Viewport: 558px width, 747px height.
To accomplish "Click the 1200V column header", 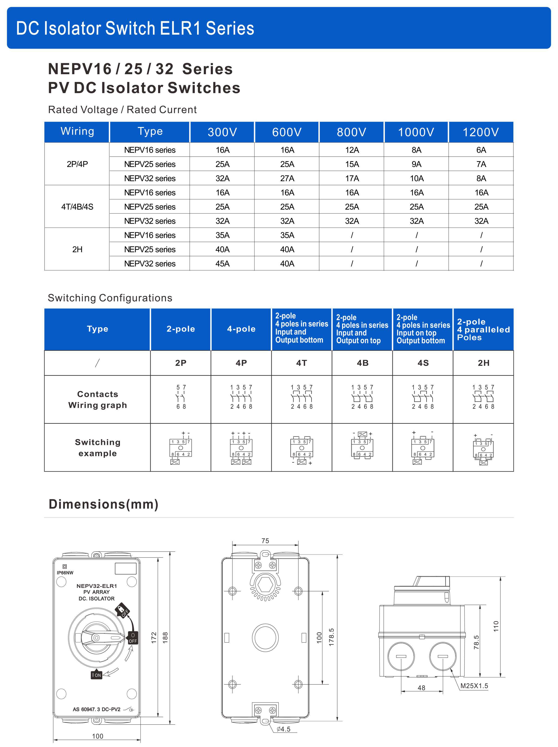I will pyautogui.click(x=480, y=132).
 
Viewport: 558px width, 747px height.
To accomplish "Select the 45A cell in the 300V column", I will pyautogui.click(x=222, y=263).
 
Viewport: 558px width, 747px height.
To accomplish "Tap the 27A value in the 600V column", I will pyautogui.click(x=287, y=178).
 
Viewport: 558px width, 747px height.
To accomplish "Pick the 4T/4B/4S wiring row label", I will pyautogui.click(x=77, y=207).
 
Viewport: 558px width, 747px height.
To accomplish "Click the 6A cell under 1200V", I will pyautogui.click(x=481, y=150).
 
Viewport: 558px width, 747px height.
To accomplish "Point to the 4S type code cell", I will pyautogui.click(x=423, y=363).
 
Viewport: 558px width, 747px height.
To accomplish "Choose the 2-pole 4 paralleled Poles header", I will pyautogui.click(x=483, y=329).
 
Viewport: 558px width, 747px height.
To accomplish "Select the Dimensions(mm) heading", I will pyautogui.click(x=103, y=504).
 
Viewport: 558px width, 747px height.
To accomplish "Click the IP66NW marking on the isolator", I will pyautogui.click(x=65, y=573).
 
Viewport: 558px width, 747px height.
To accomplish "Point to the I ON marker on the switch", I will pyautogui.click(x=96, y=675).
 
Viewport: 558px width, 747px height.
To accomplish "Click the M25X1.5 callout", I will pyautogui.click(x=474, y=686).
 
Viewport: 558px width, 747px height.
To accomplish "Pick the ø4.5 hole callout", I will pyautogui.click(x=283, y=729).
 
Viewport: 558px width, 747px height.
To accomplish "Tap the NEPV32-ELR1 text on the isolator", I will pyautogui.click(x=96, y=586).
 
